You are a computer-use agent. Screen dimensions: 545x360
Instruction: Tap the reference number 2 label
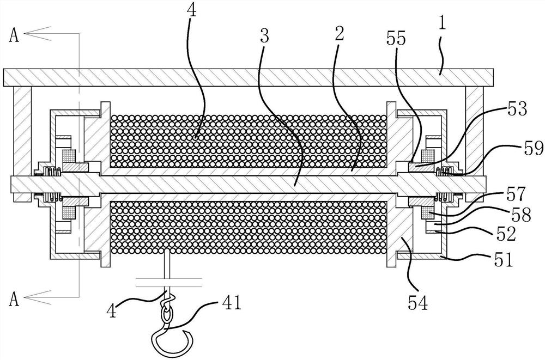click(340, 33)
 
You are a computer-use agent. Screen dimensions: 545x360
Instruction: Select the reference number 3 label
click(264, 36)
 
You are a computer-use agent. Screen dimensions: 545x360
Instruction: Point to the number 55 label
click(396, 38)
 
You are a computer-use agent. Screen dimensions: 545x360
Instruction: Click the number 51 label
click(503, 260)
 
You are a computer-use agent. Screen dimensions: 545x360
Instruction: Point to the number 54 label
click(417, 302)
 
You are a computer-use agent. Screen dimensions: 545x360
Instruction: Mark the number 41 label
click(231, 303)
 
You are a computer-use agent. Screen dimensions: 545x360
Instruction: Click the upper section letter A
click(14, 35)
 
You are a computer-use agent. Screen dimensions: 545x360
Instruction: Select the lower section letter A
click(14, 299)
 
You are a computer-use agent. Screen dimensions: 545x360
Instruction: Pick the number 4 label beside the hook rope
click(111, 310)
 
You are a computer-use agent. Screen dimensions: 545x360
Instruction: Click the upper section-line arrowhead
click(38, 33)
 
